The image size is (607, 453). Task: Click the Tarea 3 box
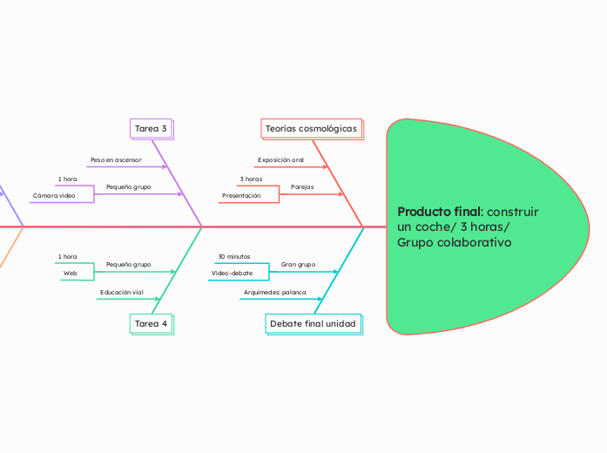[151, 129]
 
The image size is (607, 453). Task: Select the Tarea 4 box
[151, 323]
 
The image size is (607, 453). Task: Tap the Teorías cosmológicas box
[311, 129]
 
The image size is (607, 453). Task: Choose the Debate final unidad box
[313, 323]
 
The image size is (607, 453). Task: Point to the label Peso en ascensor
[116, 160]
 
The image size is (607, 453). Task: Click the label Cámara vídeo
[54, 196]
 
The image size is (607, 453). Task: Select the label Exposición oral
[280, 160]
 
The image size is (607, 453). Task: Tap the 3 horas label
[251, 179]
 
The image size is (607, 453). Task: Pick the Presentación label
[241, 196]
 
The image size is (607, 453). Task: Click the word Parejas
[302, 186]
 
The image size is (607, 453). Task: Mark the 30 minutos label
[233, 256]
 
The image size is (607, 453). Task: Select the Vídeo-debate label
[232, 273]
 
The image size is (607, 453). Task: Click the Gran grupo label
[298, 264]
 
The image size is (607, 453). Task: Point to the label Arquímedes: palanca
[274, 292]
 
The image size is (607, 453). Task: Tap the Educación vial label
[122, 292]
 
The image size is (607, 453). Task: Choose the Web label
[70, 273]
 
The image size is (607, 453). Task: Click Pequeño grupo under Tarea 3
[128, 186]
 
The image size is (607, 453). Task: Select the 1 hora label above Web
[67, 256]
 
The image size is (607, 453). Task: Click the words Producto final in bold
[439, 212]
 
